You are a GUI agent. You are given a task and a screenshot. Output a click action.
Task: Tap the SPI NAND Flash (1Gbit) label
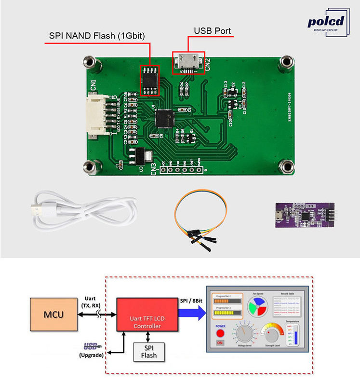(97, 36)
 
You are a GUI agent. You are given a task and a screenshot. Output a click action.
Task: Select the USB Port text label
(212, 31)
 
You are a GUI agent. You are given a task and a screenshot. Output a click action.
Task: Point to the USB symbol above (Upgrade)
(90, 345)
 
